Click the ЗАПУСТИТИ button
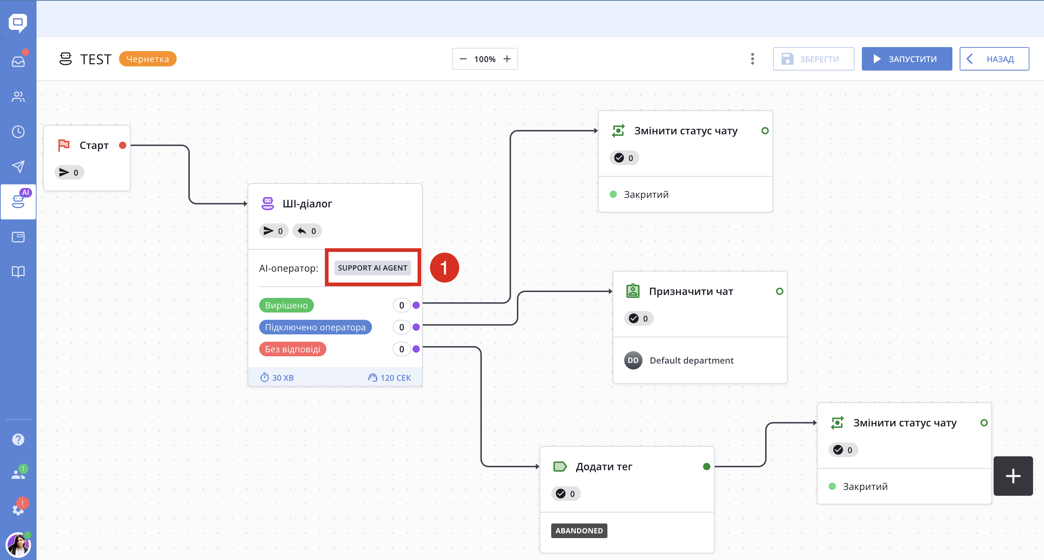(907, 59)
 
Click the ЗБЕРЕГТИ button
(813, 59)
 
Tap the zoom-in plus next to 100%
(507, 59)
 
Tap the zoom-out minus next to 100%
(463, 59)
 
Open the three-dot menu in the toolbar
(753, 59)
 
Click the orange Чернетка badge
(147, 59)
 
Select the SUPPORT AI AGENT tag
(372, 268)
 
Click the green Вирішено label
(287, 305)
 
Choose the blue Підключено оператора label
(315, 327)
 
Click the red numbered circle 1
(444, 268)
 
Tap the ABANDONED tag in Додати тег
(579, 530)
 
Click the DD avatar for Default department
(633, 360)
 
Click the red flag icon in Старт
(64, 145)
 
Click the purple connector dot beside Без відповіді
(416, 349)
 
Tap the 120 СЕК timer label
(389, 378)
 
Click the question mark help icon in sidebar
(18, 439)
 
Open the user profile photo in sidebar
(18, 545)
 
